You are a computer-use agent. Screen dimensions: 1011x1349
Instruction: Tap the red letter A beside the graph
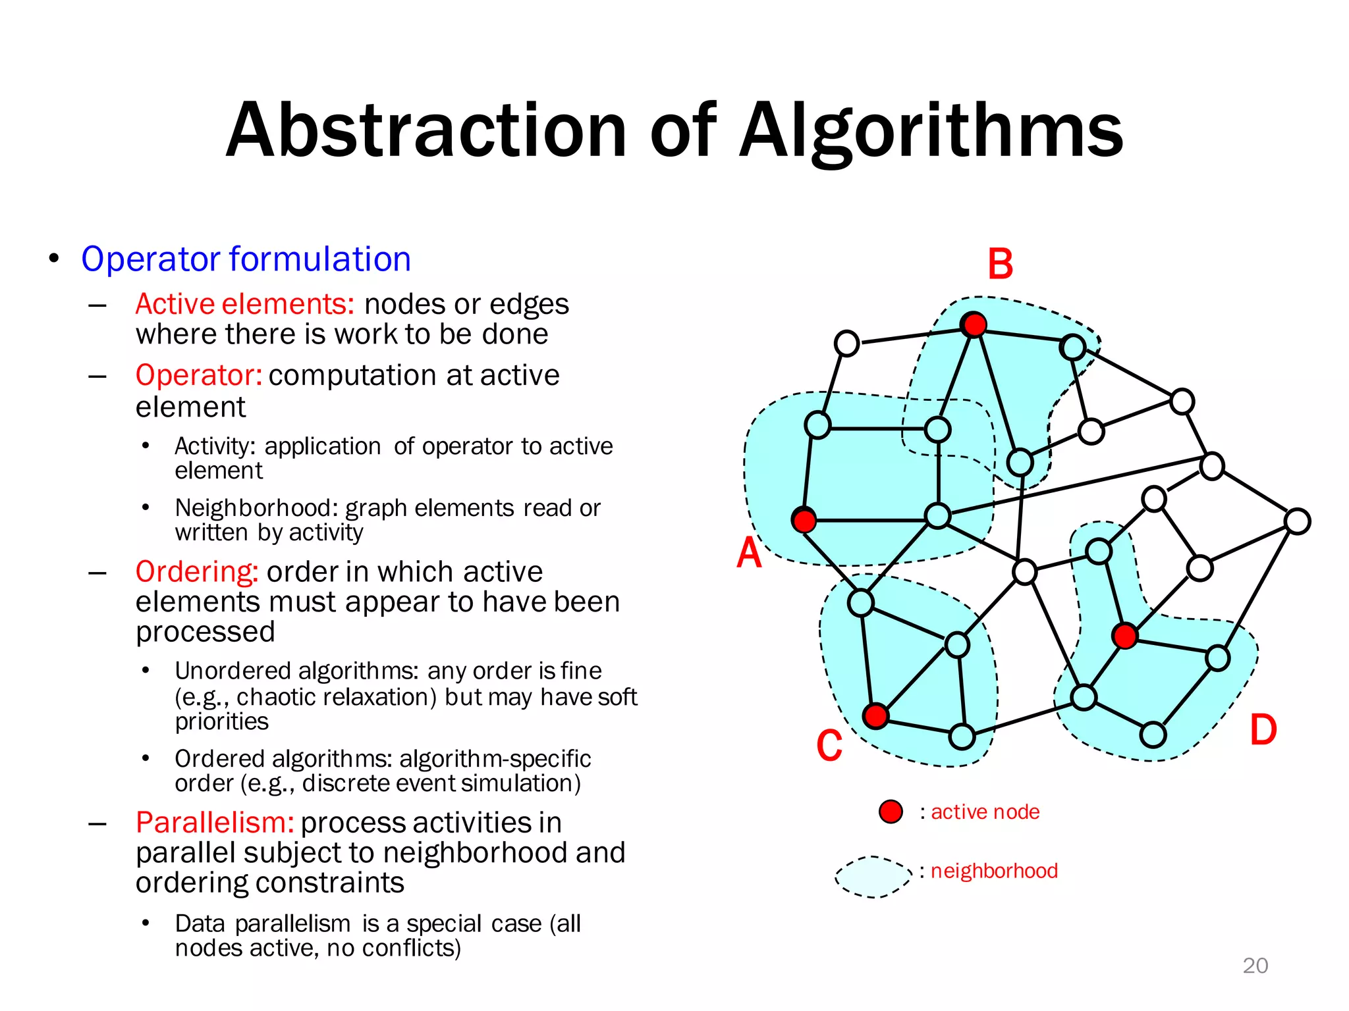coord(749,552)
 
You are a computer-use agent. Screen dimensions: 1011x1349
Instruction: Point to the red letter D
coord(1263,730)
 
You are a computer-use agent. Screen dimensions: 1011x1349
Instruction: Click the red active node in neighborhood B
coord(974,324)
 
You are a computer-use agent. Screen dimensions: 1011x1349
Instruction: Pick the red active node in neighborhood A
coord(804,520)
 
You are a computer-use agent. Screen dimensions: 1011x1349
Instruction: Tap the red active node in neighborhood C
coord(875,715)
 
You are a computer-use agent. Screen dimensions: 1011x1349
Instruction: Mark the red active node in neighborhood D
coord(1124,635)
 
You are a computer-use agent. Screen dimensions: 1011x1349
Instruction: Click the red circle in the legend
coord(891,812)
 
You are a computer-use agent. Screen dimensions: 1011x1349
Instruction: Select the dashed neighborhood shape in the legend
coord(873,877)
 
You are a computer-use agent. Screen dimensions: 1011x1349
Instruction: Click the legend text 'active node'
coord(985,812)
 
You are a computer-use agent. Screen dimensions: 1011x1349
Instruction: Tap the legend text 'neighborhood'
coord(994,871)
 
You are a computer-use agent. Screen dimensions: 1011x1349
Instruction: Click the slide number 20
coord(1255,966)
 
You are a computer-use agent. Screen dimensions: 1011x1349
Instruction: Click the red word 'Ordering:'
coord(196,572)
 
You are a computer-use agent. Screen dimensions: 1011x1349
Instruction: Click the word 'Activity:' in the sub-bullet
coord(215,446)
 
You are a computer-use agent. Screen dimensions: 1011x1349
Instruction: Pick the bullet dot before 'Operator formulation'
coord(54,258)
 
